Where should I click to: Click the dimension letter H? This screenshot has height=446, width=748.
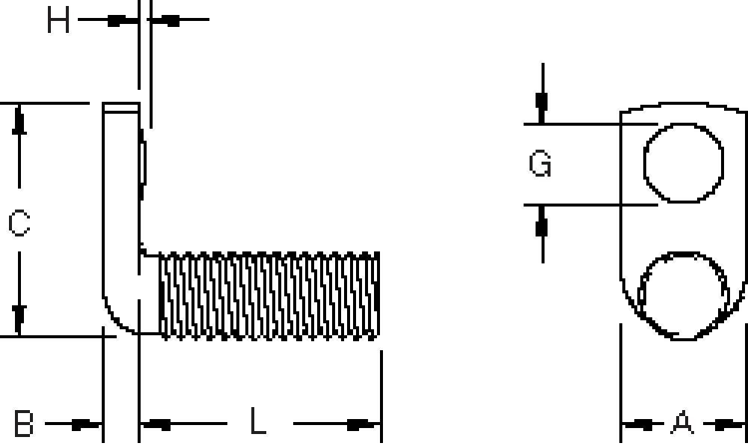(58, 20)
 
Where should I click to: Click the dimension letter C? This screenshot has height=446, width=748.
(19, 223)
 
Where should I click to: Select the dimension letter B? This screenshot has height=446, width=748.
(24, 424)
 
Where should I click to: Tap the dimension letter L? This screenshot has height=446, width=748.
(258, 423)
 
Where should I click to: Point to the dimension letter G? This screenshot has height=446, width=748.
(540, 164)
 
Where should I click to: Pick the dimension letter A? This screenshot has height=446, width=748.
(681, 424)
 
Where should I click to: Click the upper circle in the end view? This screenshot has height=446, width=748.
(684, 162)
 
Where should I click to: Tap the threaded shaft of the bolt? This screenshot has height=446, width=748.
(269, 296)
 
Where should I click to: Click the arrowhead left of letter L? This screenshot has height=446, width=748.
(156, 424)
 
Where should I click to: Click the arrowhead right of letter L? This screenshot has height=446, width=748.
(362, 424)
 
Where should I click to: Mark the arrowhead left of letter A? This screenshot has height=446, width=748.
(638, 424)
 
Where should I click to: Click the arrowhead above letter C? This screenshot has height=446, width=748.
(19, 121)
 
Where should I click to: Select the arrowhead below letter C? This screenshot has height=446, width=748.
(19, 318)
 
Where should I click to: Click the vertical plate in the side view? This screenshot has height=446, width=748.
(120, 217)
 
